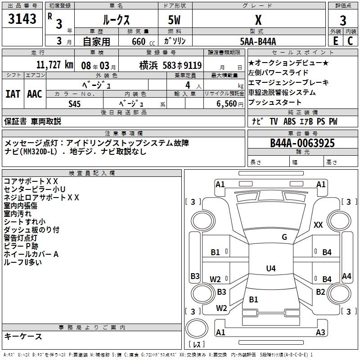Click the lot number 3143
[x=22, y=19]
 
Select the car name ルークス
[x=116, y=20]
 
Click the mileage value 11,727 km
[x=54, y=65]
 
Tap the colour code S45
[x=75, y=104]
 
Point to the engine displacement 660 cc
[x=139, y=41]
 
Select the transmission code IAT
[x=13, y=94]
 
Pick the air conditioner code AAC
[x=35, y=94]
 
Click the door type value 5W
[x=175, y=20]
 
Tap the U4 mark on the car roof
[x=270, y=269]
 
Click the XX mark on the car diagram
[x=318, y=225]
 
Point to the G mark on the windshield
[x=284, y=237]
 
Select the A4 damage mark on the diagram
[x=346, y=276]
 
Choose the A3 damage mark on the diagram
[x=320, y=333]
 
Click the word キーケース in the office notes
[x=23, y=337]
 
